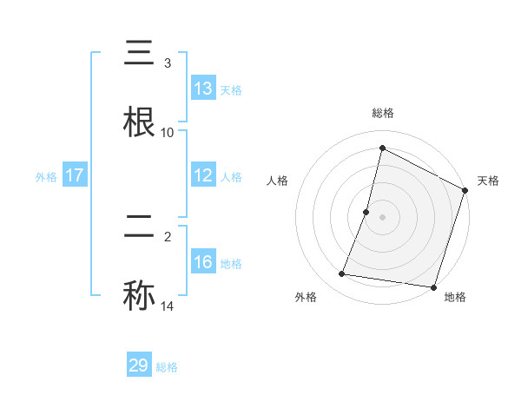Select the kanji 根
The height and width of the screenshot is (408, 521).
140,120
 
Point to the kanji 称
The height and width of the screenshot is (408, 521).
140,293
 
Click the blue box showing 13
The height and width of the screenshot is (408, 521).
203,89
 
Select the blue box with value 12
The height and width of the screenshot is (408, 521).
203,175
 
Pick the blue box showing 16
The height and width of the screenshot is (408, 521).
203,262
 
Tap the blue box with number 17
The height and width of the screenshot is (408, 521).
75,175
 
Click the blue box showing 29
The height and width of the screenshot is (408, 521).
139,365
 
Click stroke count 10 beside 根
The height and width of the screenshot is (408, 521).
168,132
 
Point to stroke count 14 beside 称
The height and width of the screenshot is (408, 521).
168,306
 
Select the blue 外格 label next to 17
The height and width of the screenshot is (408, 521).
46,176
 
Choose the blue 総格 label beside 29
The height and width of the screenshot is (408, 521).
167,366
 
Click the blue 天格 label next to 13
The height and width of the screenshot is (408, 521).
231,89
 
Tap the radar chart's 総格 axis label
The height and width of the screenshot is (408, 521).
383,113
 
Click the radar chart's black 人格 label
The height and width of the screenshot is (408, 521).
277,181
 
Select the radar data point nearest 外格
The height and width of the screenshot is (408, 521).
342,274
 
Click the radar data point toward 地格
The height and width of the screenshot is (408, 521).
433,286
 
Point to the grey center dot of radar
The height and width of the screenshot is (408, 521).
383,216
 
